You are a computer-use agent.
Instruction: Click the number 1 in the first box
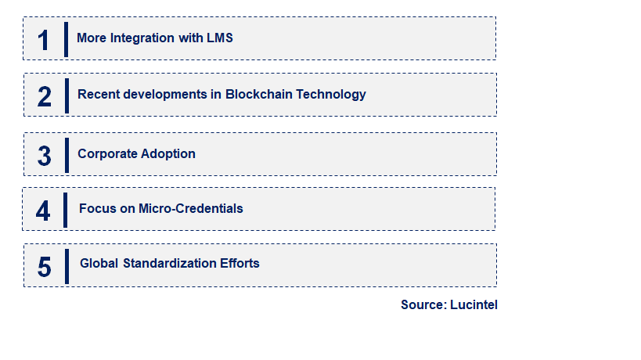click(43, 41)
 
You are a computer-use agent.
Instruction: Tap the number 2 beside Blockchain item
click(44, 97)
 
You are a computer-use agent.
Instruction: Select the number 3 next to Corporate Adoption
click(44, 156)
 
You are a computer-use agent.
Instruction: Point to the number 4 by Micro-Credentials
click(43, 211)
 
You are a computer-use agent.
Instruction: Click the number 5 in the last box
click(44, 267)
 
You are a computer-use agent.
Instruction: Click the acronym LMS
click(219, 38)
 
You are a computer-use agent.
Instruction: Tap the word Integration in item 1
click(142, 38)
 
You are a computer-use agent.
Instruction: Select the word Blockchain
click(259, 95)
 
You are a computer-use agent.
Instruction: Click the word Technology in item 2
click(331, 95)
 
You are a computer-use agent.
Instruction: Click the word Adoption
click(167, 154)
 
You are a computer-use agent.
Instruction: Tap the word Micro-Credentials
click(191, 208)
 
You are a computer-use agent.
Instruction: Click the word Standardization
click(170, 263)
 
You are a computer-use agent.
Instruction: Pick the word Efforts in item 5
click(239, 263)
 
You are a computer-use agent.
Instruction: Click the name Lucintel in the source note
click(474, 305)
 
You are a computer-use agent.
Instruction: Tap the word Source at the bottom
click(424, 305)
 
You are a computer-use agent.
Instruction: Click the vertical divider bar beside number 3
click(67, 155)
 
